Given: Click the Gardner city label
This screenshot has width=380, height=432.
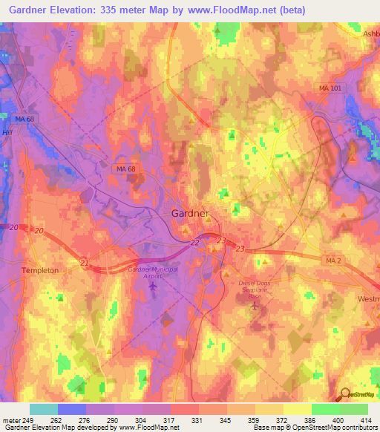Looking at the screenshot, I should pos(190,213).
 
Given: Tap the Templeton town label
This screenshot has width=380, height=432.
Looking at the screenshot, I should pos(40,271).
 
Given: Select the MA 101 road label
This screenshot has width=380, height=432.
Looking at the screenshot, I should pos(330,88).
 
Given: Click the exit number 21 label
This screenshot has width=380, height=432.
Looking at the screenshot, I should pos(84,264).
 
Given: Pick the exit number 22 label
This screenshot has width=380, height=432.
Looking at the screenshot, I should pos(194,243).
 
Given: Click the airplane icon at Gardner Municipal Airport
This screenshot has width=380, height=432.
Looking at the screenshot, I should pos(154,287).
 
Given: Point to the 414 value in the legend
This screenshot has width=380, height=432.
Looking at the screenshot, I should pos(366,420).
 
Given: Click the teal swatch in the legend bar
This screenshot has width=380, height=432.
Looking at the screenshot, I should pos(43,409).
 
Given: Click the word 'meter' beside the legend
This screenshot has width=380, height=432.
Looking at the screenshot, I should pos(10,420).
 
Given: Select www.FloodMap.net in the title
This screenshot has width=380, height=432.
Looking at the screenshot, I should pos(241,10).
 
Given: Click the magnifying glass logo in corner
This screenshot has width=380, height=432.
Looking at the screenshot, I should pos(345,395).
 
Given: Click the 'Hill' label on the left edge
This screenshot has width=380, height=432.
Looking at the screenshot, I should pos(7,133).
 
